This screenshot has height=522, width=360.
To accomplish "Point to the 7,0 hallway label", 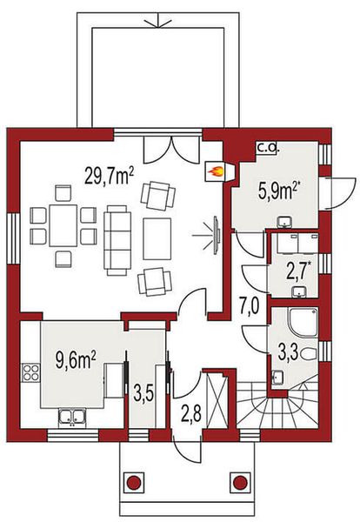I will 250,305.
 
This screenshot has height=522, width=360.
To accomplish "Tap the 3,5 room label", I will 143,391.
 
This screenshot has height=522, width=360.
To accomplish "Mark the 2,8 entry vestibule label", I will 190,411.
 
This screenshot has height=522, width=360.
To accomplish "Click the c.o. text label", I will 267,149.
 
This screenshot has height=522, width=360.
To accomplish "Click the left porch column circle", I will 133,482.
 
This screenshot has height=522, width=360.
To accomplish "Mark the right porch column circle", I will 240,482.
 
